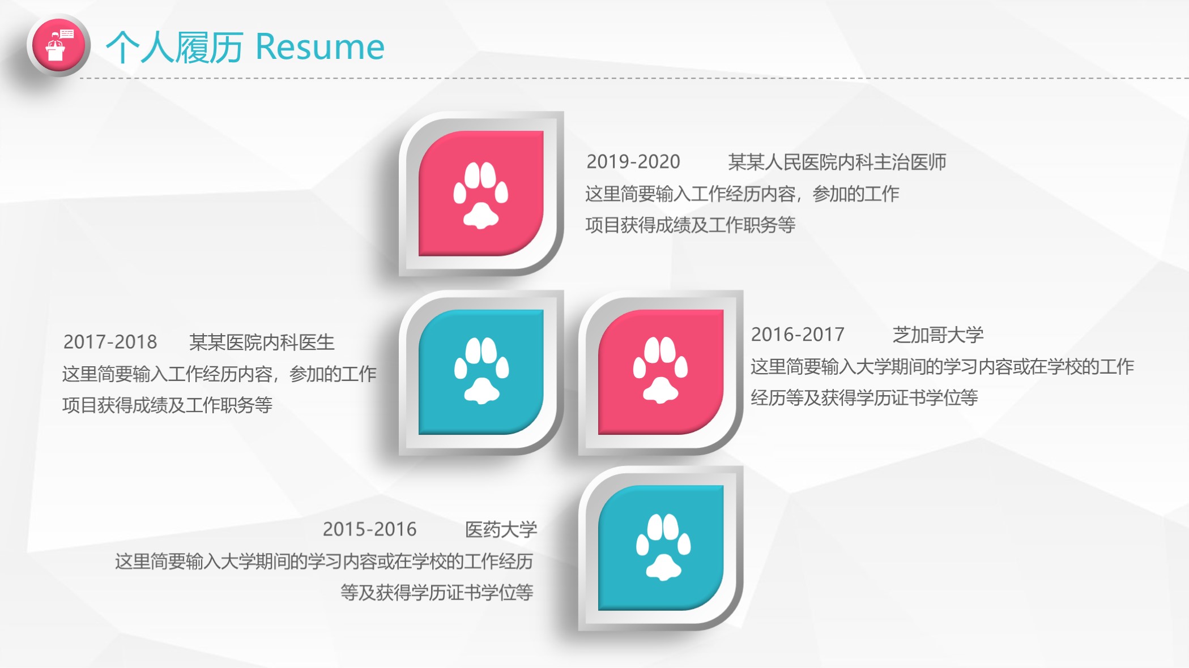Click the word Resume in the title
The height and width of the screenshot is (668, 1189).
point(320,46)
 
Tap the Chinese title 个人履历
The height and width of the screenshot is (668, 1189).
point(174,46)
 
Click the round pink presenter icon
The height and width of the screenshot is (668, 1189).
point(58,45)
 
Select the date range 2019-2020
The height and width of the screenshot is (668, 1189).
point(633,162)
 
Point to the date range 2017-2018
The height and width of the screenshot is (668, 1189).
point(110,342)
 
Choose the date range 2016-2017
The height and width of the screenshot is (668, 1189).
point(797,335)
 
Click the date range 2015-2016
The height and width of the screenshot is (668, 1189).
point(369,529)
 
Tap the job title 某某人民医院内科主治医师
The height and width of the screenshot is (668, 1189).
point(837,162)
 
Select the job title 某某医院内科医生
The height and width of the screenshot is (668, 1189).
point(262,342)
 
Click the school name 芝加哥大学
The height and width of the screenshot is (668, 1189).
point(937,335)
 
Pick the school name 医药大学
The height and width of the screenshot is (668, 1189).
point(501,529)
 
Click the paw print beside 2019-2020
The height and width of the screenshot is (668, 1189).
point(481,194)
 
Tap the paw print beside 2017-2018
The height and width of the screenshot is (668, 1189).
point(481,371)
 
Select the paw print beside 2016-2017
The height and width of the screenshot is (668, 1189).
point(660,371)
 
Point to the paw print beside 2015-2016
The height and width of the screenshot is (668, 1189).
point(663,547)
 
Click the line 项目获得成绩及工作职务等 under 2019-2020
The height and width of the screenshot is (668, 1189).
point(690,225)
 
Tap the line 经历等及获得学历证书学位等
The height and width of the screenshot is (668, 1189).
point(864,398)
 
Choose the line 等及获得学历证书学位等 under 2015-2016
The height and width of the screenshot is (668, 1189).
point(436,593)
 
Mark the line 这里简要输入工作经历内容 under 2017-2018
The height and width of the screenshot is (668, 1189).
point(219,374)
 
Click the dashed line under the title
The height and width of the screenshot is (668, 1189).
point(623,78)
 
